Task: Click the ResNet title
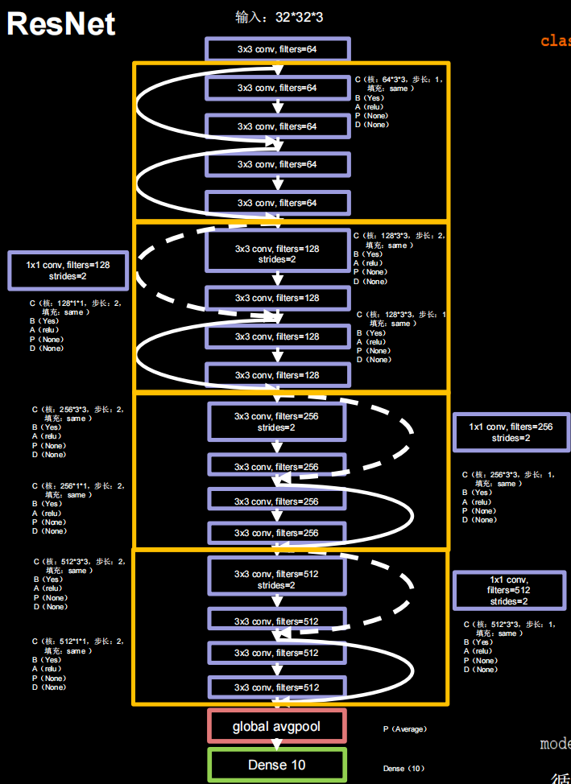(61, 24)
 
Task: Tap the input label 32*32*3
(279, 16)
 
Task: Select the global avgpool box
(276, 727)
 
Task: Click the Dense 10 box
(277, 765)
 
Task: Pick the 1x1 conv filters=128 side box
(68, 270)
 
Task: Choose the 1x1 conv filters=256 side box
(511, 432)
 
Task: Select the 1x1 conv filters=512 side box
(509, 590)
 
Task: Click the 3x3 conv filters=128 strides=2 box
(277, 254)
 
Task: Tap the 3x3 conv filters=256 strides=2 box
(277, 422)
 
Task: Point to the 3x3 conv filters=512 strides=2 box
(277, 580)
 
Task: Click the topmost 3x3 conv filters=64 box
(277, 49)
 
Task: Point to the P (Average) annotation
(405, 729)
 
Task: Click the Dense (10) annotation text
(404, 769)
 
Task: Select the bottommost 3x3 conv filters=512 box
(277, 687)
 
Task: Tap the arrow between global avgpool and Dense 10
(277, 745)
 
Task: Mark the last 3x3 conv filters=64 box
(277, 203)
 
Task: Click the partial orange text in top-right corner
(556, 41)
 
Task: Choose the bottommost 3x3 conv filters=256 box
(277, 533)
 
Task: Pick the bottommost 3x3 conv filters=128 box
(277, 375)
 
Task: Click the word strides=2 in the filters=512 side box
(509, 601)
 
